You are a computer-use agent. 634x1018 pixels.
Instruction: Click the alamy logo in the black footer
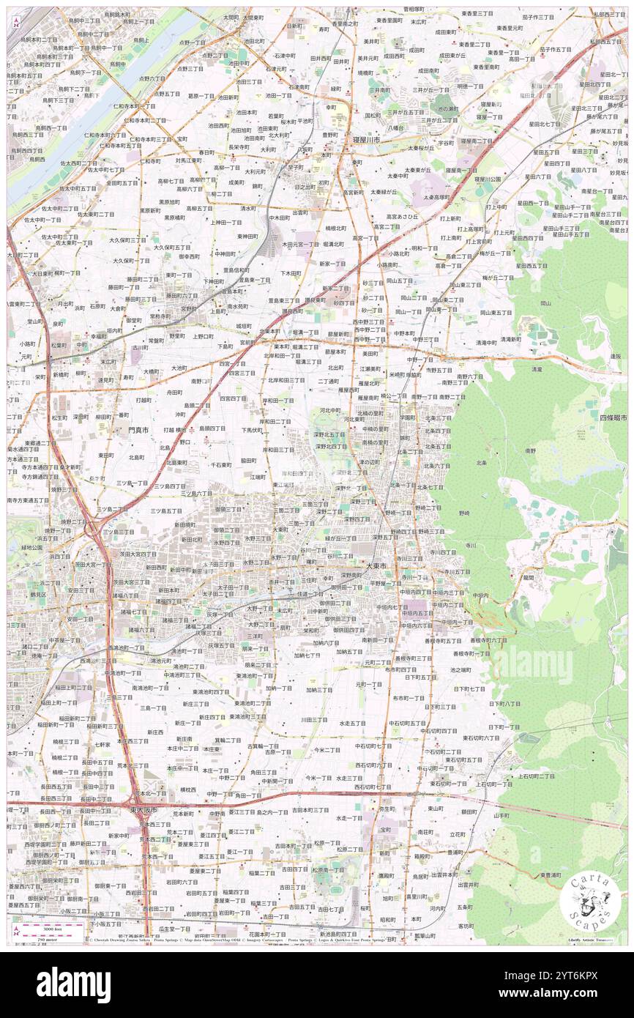point(73,984)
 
